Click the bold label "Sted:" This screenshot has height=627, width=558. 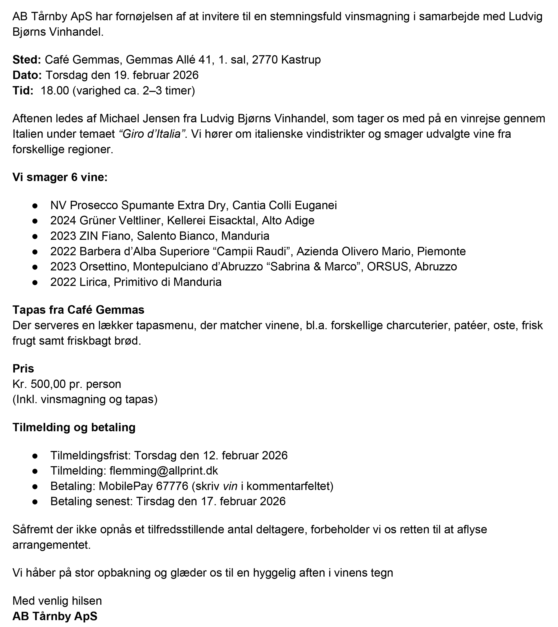[x=27, y=59]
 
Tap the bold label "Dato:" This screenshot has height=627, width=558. [x=27, y=75]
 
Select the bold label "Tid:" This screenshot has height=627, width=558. [x=23, y=91]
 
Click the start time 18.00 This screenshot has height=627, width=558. [x=55, y=91]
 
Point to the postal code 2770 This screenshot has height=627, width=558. [x=265, y=59]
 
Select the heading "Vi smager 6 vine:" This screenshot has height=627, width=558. [x=60, y=177]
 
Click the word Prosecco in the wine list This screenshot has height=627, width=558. [x=94, y=205]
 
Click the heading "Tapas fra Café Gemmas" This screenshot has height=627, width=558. [x=78, y=310]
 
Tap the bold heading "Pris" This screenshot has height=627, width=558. [x=23, y=368]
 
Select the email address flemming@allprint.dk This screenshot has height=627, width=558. [x=164, y=471]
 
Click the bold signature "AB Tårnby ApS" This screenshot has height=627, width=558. [x=54, y=616]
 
